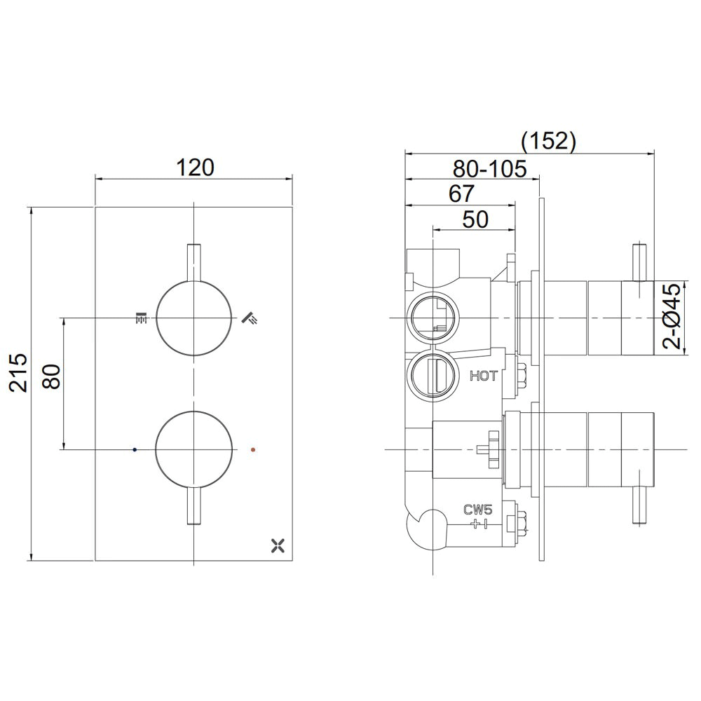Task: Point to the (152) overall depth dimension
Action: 548,141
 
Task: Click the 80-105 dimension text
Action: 489,169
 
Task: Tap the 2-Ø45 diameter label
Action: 671,316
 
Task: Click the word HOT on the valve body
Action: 484,376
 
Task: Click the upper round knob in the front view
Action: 193,318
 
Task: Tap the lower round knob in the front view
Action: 193,448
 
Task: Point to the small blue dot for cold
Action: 135,448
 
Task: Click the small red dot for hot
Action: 253,448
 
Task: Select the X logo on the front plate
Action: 278,544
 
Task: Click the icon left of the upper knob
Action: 141,318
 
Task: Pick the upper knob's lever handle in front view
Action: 193,264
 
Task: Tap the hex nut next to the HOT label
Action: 522,375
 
